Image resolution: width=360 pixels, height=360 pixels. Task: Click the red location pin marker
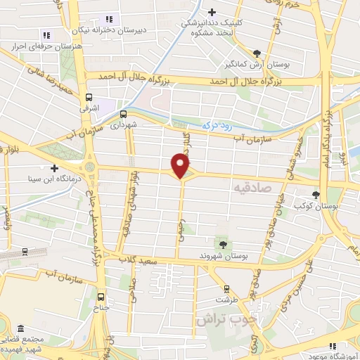pyautogui.click(x=181, y=165)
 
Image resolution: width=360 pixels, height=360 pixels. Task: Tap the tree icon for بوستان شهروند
pyautogui.click(x=224, y=244)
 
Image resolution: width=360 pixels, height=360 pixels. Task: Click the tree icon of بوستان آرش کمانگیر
pyautogui.click(x=257, y=53)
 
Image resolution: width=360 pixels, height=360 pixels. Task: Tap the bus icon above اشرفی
pyautogui.click(x=88, y=98)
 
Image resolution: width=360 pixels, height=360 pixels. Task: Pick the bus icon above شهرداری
pyautogui.click(x=123, y=112)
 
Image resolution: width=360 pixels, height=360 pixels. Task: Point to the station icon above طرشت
pyautogui.click(x=226, y=288)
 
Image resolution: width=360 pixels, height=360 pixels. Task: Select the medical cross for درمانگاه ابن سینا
pyautogui.click(x=54, y=168)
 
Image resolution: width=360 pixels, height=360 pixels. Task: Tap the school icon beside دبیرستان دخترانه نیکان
pyautogui.click(x=108, y=19)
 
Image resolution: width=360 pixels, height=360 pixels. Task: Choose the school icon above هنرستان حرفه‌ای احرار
pyautogui.click(x=46, y=34)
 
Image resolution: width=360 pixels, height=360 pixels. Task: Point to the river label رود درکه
pyautogui.click(x=215, y=124)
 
